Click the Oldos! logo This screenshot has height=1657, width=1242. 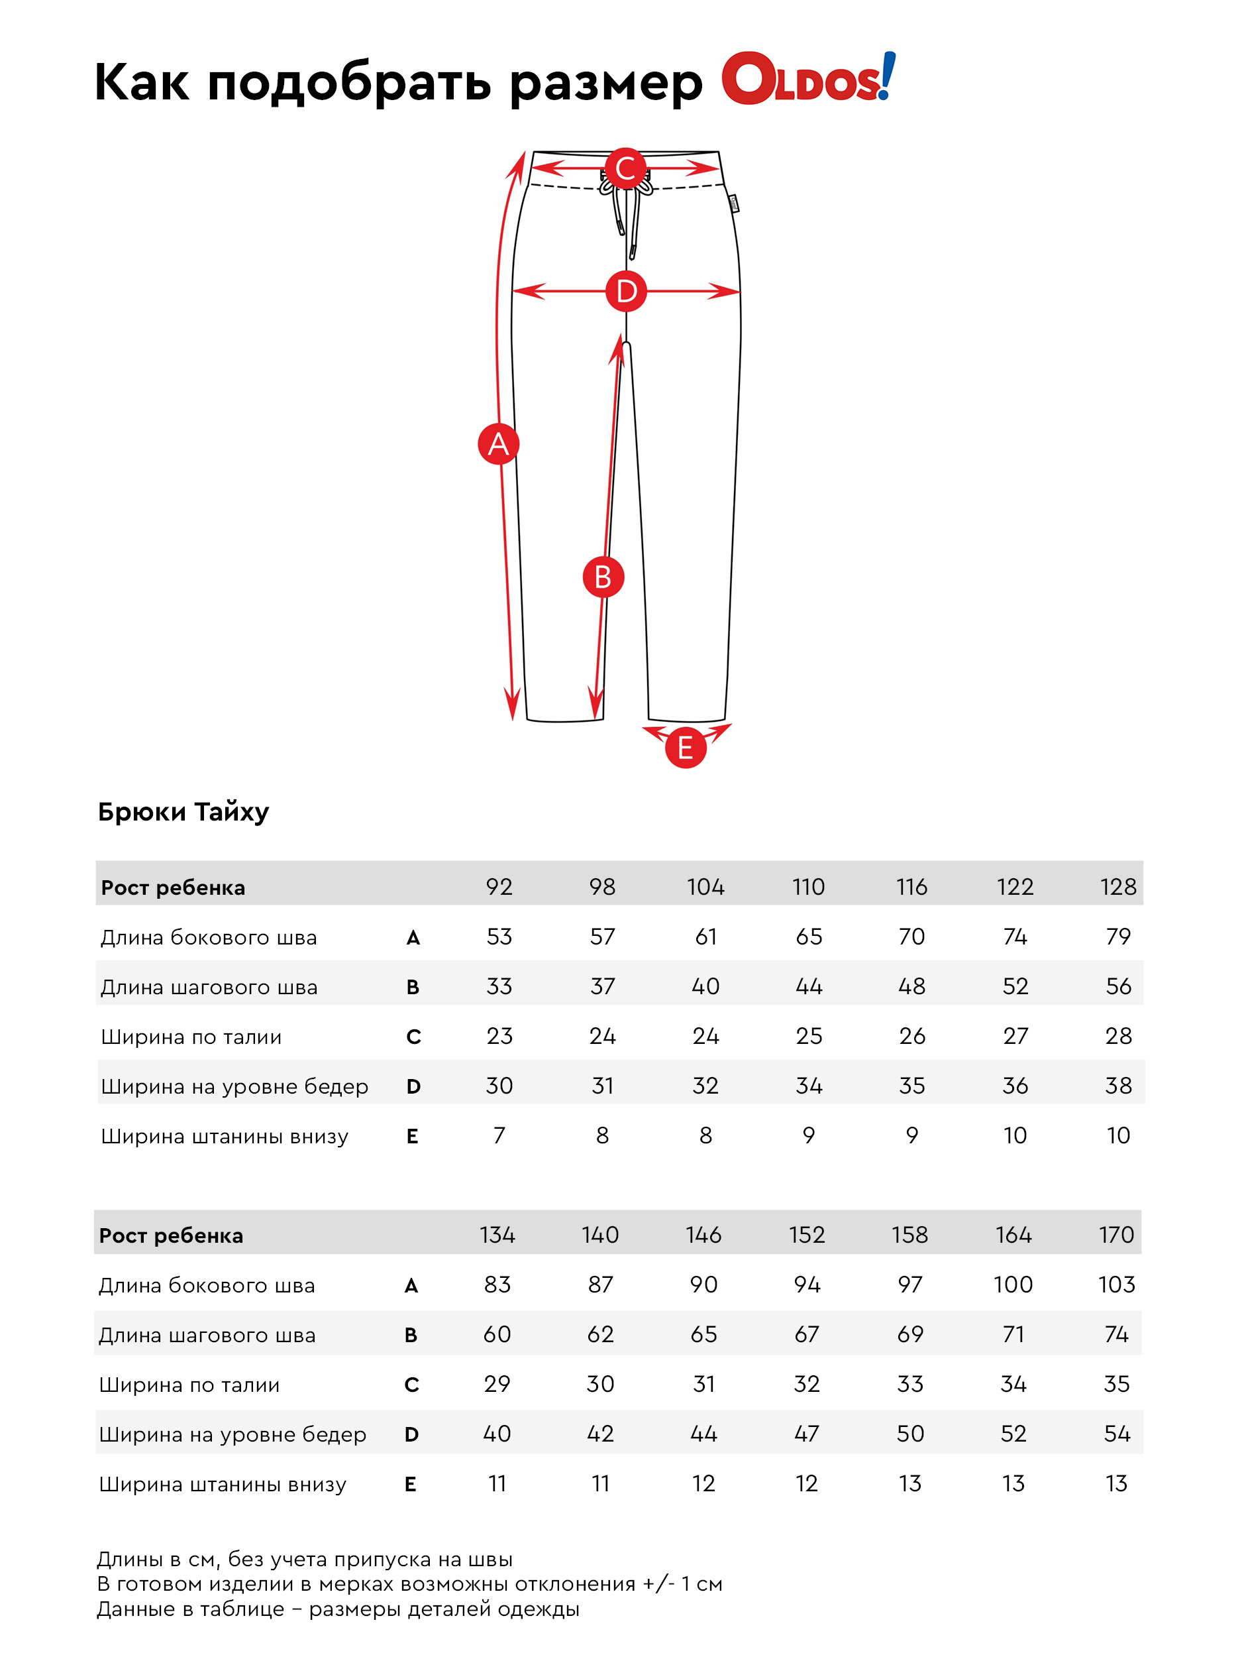807,78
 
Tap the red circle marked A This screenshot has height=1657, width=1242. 499,444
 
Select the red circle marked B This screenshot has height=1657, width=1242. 603,577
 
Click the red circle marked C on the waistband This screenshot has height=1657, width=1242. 625,168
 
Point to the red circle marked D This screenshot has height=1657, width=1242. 626,291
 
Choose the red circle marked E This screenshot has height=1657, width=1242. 685,748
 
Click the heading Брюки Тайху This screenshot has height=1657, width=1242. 183,811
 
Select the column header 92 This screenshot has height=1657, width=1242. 499,887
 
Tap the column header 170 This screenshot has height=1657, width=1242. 1116,1235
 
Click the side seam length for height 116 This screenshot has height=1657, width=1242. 911,937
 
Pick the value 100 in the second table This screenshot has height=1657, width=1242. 1013,1285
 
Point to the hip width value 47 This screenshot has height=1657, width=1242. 806,1434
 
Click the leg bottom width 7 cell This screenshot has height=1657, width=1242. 499,1135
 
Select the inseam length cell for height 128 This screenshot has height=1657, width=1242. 1117,986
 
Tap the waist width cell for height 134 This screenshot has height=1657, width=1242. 497,1383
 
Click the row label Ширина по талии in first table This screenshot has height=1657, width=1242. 191,1037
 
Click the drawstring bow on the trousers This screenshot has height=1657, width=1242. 625,191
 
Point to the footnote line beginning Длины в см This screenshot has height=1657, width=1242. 305,1560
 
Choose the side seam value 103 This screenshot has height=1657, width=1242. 1116,1285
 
